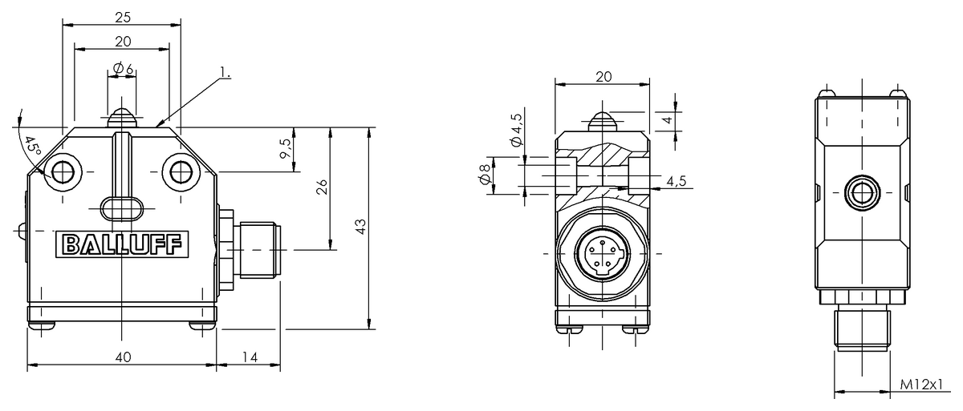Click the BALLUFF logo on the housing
coord(122,244)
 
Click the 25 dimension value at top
coord(123,18)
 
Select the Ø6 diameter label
coord(123,68)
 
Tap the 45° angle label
coord(33,147)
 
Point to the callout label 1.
coord(226,72)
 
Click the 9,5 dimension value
coord(286,148)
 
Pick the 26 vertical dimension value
coord(322,187)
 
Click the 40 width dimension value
coord(123,357)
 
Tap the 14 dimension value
coord(249,357)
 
